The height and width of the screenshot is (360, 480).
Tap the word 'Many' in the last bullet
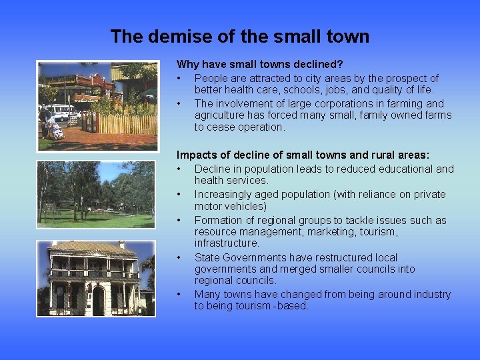click(x=207, y=294)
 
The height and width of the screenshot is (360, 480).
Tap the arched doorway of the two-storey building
click(x=98, y=301)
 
